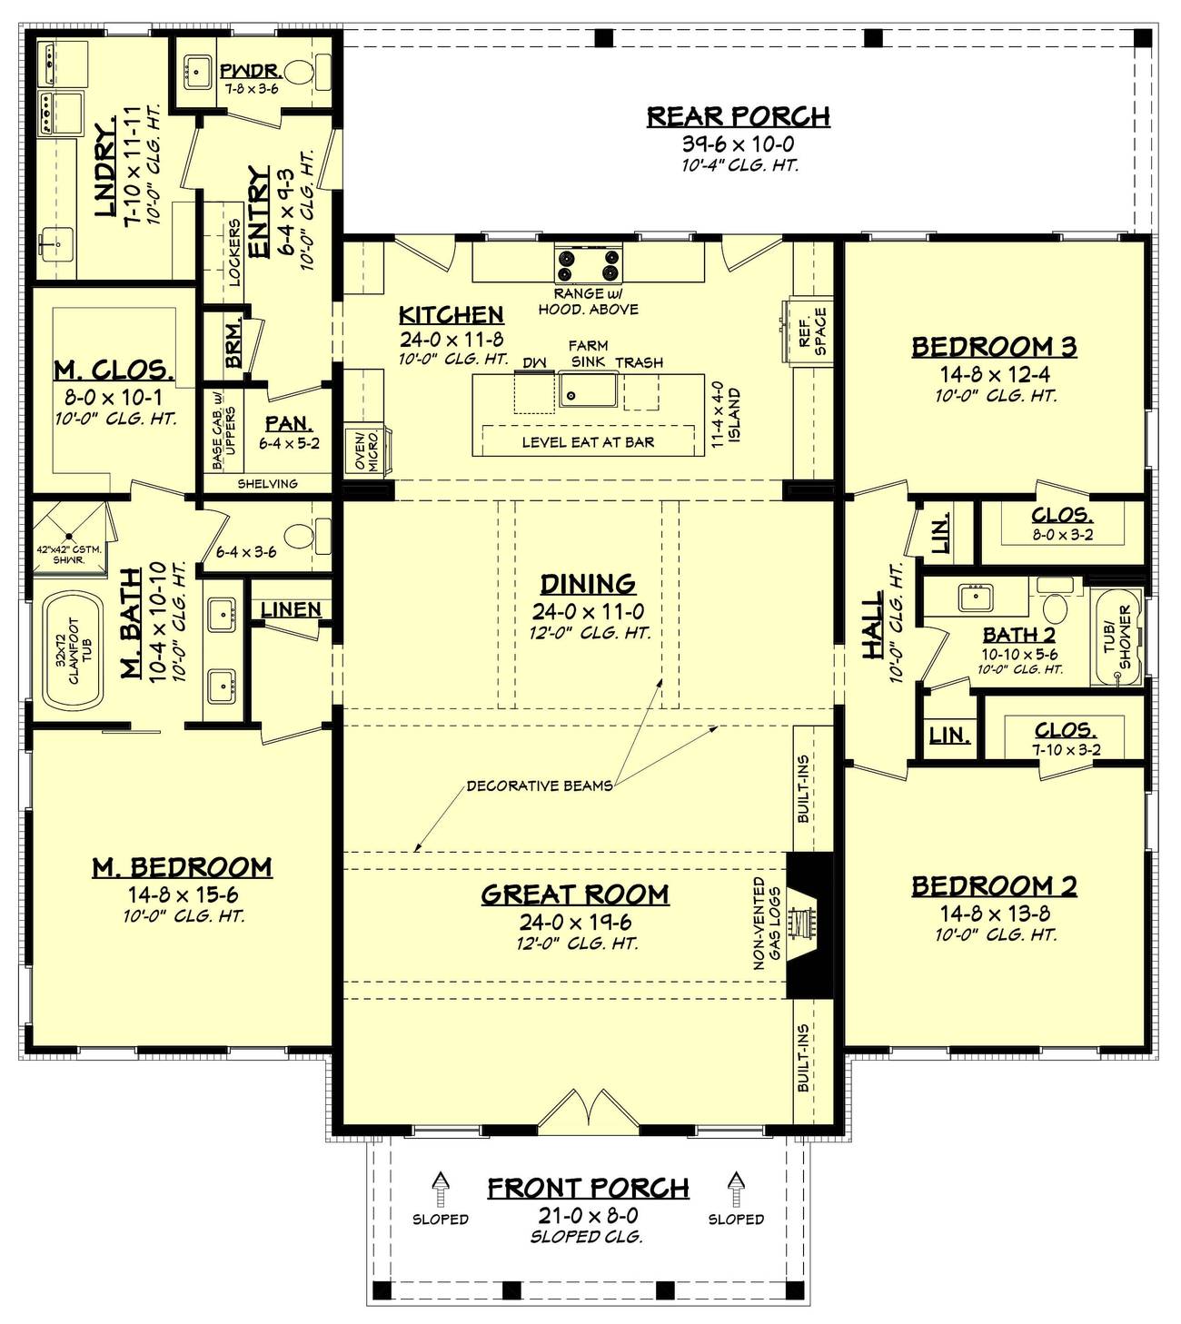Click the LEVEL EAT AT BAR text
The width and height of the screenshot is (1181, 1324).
coord(588,442)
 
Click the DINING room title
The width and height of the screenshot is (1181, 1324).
coord(588,584)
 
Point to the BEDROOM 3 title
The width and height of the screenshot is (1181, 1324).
coord(994,347)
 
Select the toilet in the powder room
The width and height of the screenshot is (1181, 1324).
coord(299,72)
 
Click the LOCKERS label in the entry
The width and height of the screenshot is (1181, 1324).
coord(234,252)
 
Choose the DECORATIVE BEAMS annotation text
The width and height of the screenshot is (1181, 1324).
coord(539,786)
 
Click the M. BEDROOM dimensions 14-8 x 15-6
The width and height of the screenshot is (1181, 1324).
coord(182,894)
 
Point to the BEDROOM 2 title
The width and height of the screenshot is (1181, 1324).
coord(994,885)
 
